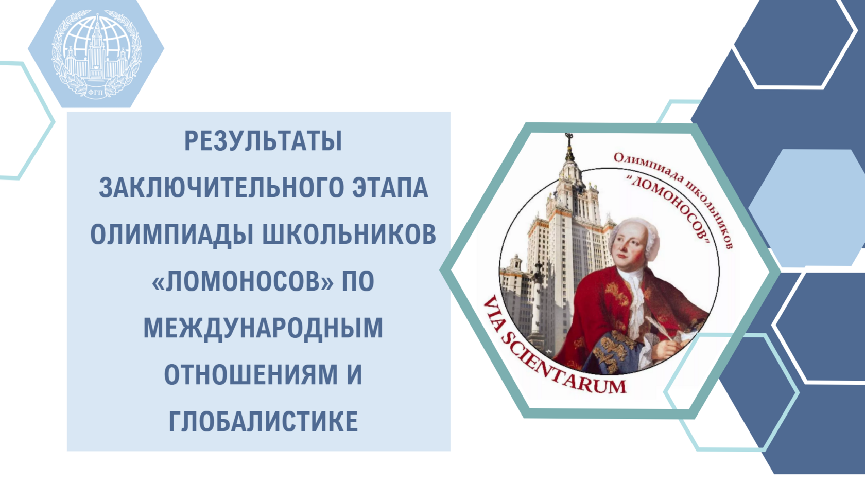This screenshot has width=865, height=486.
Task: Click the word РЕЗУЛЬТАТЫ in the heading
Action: click(x=264, y=141)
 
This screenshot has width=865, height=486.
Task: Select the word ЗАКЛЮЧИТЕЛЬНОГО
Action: click(x=221, y=188)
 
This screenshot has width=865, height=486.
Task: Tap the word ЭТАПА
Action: click(x=390, y=188)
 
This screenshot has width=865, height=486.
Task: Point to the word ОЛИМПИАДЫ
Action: click(x=171, y=235)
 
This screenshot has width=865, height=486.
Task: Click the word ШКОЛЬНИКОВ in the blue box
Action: click(x=350, y=235)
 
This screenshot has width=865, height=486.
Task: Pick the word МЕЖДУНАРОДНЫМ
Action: click(x=264, y=328)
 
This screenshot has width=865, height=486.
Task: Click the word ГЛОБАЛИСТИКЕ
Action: click(x=264, y=421)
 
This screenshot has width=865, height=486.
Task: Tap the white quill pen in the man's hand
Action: click(x=659, y=328)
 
